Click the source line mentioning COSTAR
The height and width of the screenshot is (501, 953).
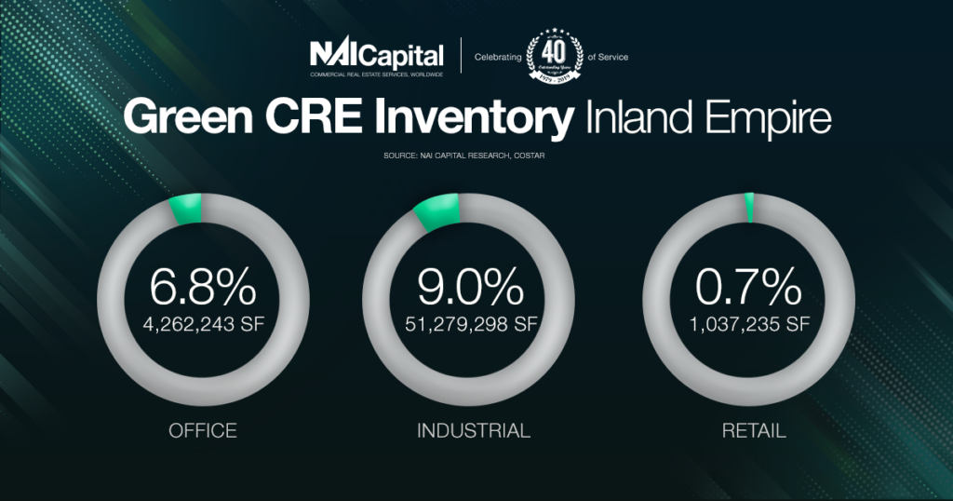click(476, 156)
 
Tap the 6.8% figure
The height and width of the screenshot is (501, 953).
click(203, 289)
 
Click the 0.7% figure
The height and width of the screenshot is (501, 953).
click(747, 289)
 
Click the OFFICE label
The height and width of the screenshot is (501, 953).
click(203, 431)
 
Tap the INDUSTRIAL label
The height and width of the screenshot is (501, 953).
click(474, 431)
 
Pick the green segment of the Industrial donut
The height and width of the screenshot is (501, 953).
click(436, 212)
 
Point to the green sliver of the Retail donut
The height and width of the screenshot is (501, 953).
click(749, 209)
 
